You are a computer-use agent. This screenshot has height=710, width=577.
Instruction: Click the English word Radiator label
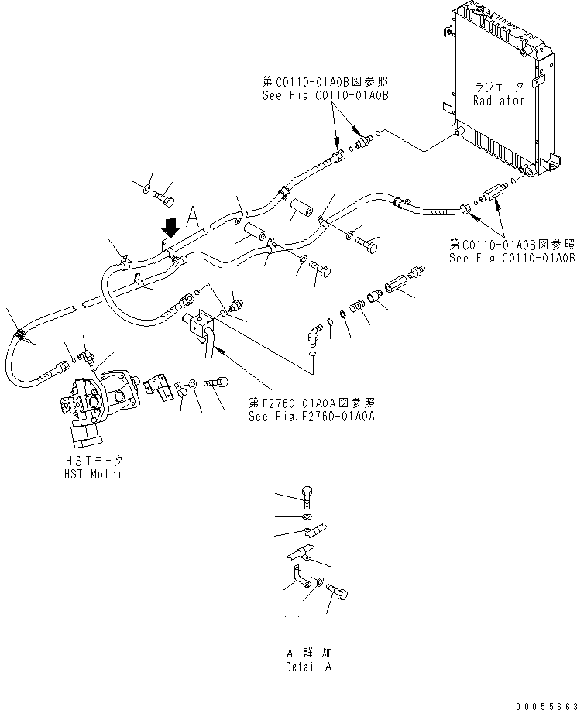pos(498,101)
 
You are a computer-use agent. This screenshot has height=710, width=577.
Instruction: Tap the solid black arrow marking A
pos(170,226)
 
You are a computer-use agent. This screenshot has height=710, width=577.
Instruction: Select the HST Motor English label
pos(93,474)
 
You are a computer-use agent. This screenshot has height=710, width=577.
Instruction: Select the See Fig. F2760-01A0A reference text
pos(311,416)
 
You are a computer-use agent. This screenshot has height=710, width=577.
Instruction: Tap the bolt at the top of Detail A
pos(307,498)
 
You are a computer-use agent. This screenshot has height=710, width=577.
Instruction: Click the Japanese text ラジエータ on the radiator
pos(500,87)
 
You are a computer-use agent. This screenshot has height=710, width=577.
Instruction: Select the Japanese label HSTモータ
pos(93,461)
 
